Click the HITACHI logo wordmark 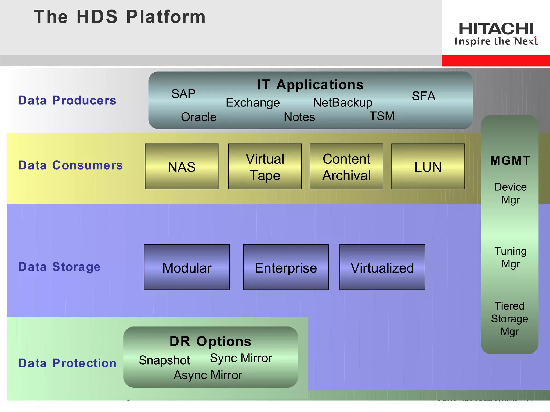496,29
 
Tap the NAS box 182,167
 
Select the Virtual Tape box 265,167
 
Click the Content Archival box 346,167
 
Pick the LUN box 428,167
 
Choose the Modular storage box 187,267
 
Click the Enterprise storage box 286,267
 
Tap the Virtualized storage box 382,267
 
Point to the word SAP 183,94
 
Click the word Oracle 199,117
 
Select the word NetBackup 343,103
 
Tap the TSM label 382,116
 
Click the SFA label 424,96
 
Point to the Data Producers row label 67,100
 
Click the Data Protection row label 67,363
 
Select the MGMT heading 510,161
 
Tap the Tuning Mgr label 511,257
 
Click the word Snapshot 164,360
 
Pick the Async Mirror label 208,375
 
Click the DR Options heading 211,341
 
